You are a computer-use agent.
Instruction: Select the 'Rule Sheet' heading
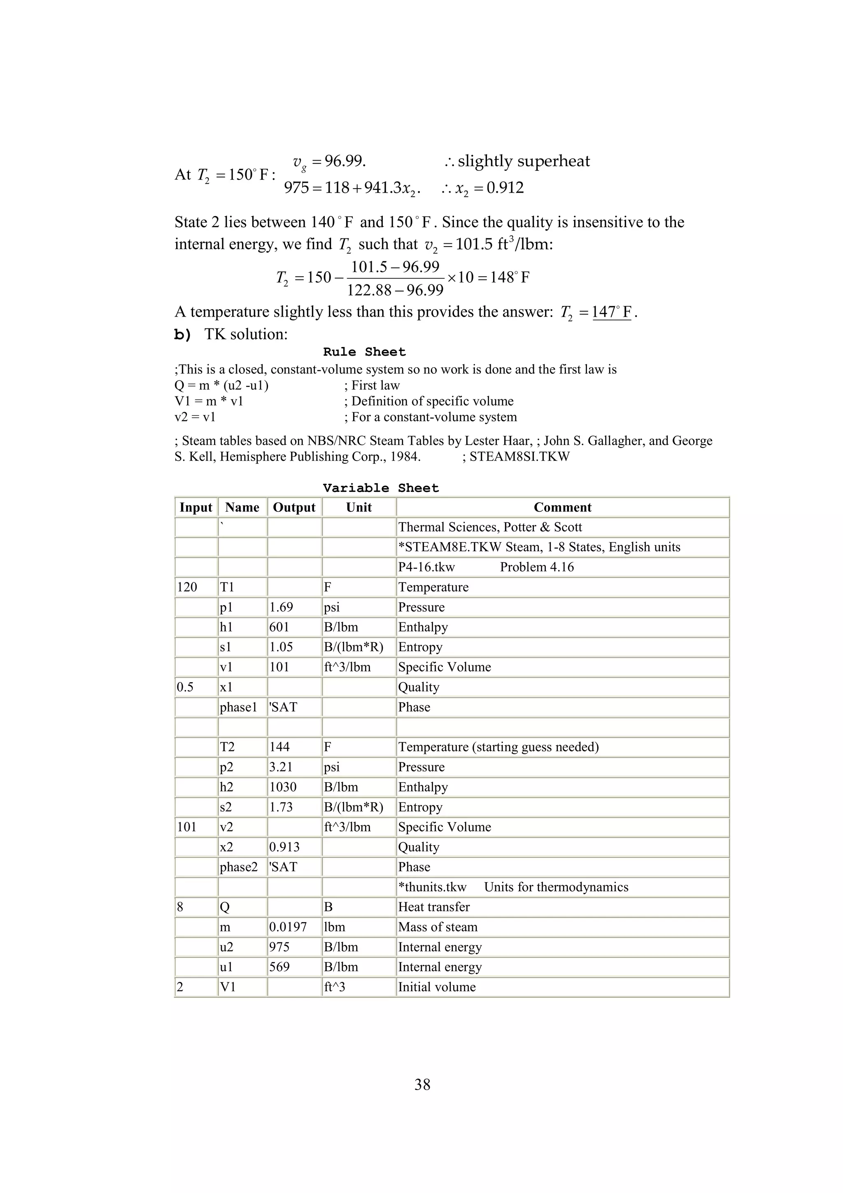pos(364,352)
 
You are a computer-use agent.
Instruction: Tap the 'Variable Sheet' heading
pos(381,488)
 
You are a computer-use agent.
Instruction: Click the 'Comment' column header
pos(563,507)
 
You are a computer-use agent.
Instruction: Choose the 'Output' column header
pos(294,507)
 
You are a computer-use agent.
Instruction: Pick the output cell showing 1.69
pos(281,607)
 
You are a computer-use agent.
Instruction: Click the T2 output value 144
pos(279,747)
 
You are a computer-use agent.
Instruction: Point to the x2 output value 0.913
pos(284,847)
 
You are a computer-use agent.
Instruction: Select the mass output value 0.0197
pos(288,927)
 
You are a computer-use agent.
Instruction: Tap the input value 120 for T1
pos(187,587)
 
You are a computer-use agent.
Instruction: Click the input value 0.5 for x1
pos(185,687)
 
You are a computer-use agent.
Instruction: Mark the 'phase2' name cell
pos(238,867)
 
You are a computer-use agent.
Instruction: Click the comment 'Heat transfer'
pos(434,907)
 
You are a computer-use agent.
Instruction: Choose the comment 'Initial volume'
pos(437,987)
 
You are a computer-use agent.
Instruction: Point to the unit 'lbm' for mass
pos(335,927)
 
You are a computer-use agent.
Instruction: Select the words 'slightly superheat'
pos(524,161)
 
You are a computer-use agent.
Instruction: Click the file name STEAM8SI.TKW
pos(519,457)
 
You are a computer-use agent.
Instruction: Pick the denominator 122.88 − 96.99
pos(395,290)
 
